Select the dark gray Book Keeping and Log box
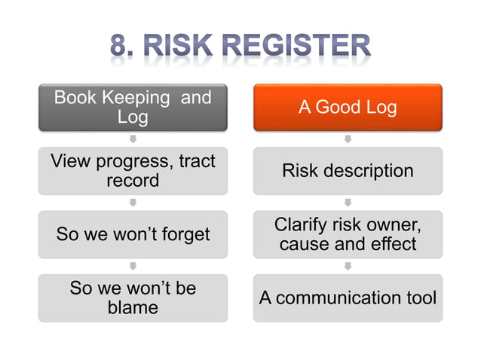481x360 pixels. (133, 108)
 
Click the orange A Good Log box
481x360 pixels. (348, 108)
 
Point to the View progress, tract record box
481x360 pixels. (133, 171)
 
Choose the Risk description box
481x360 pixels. (348, 171)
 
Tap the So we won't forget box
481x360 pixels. (133, 234)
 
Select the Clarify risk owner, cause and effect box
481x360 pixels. (348, 234)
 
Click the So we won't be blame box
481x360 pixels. (133, 297)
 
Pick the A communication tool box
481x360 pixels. (348, 297)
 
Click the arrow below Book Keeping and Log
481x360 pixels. (133, 139)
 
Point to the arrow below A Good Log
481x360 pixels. (348, 139)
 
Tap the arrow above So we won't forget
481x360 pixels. (133, 203)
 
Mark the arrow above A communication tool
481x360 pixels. (348, 266)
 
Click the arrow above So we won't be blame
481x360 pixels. (133, 266)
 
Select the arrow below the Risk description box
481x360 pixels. (348, 203)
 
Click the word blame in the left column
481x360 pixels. (133, 307)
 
